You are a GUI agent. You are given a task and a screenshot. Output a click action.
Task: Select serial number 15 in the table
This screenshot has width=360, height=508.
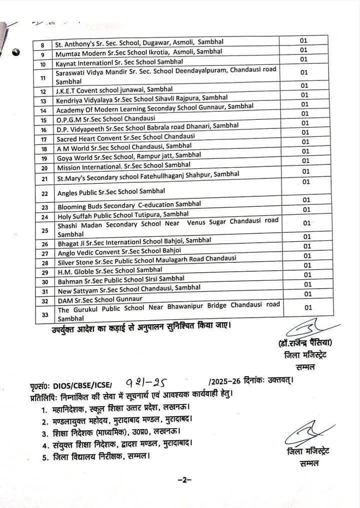point(44,120)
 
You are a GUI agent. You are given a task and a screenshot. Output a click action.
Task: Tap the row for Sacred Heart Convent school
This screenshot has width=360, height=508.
point(125,138)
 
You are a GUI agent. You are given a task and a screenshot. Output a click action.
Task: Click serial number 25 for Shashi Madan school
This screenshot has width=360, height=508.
point(45,230)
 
